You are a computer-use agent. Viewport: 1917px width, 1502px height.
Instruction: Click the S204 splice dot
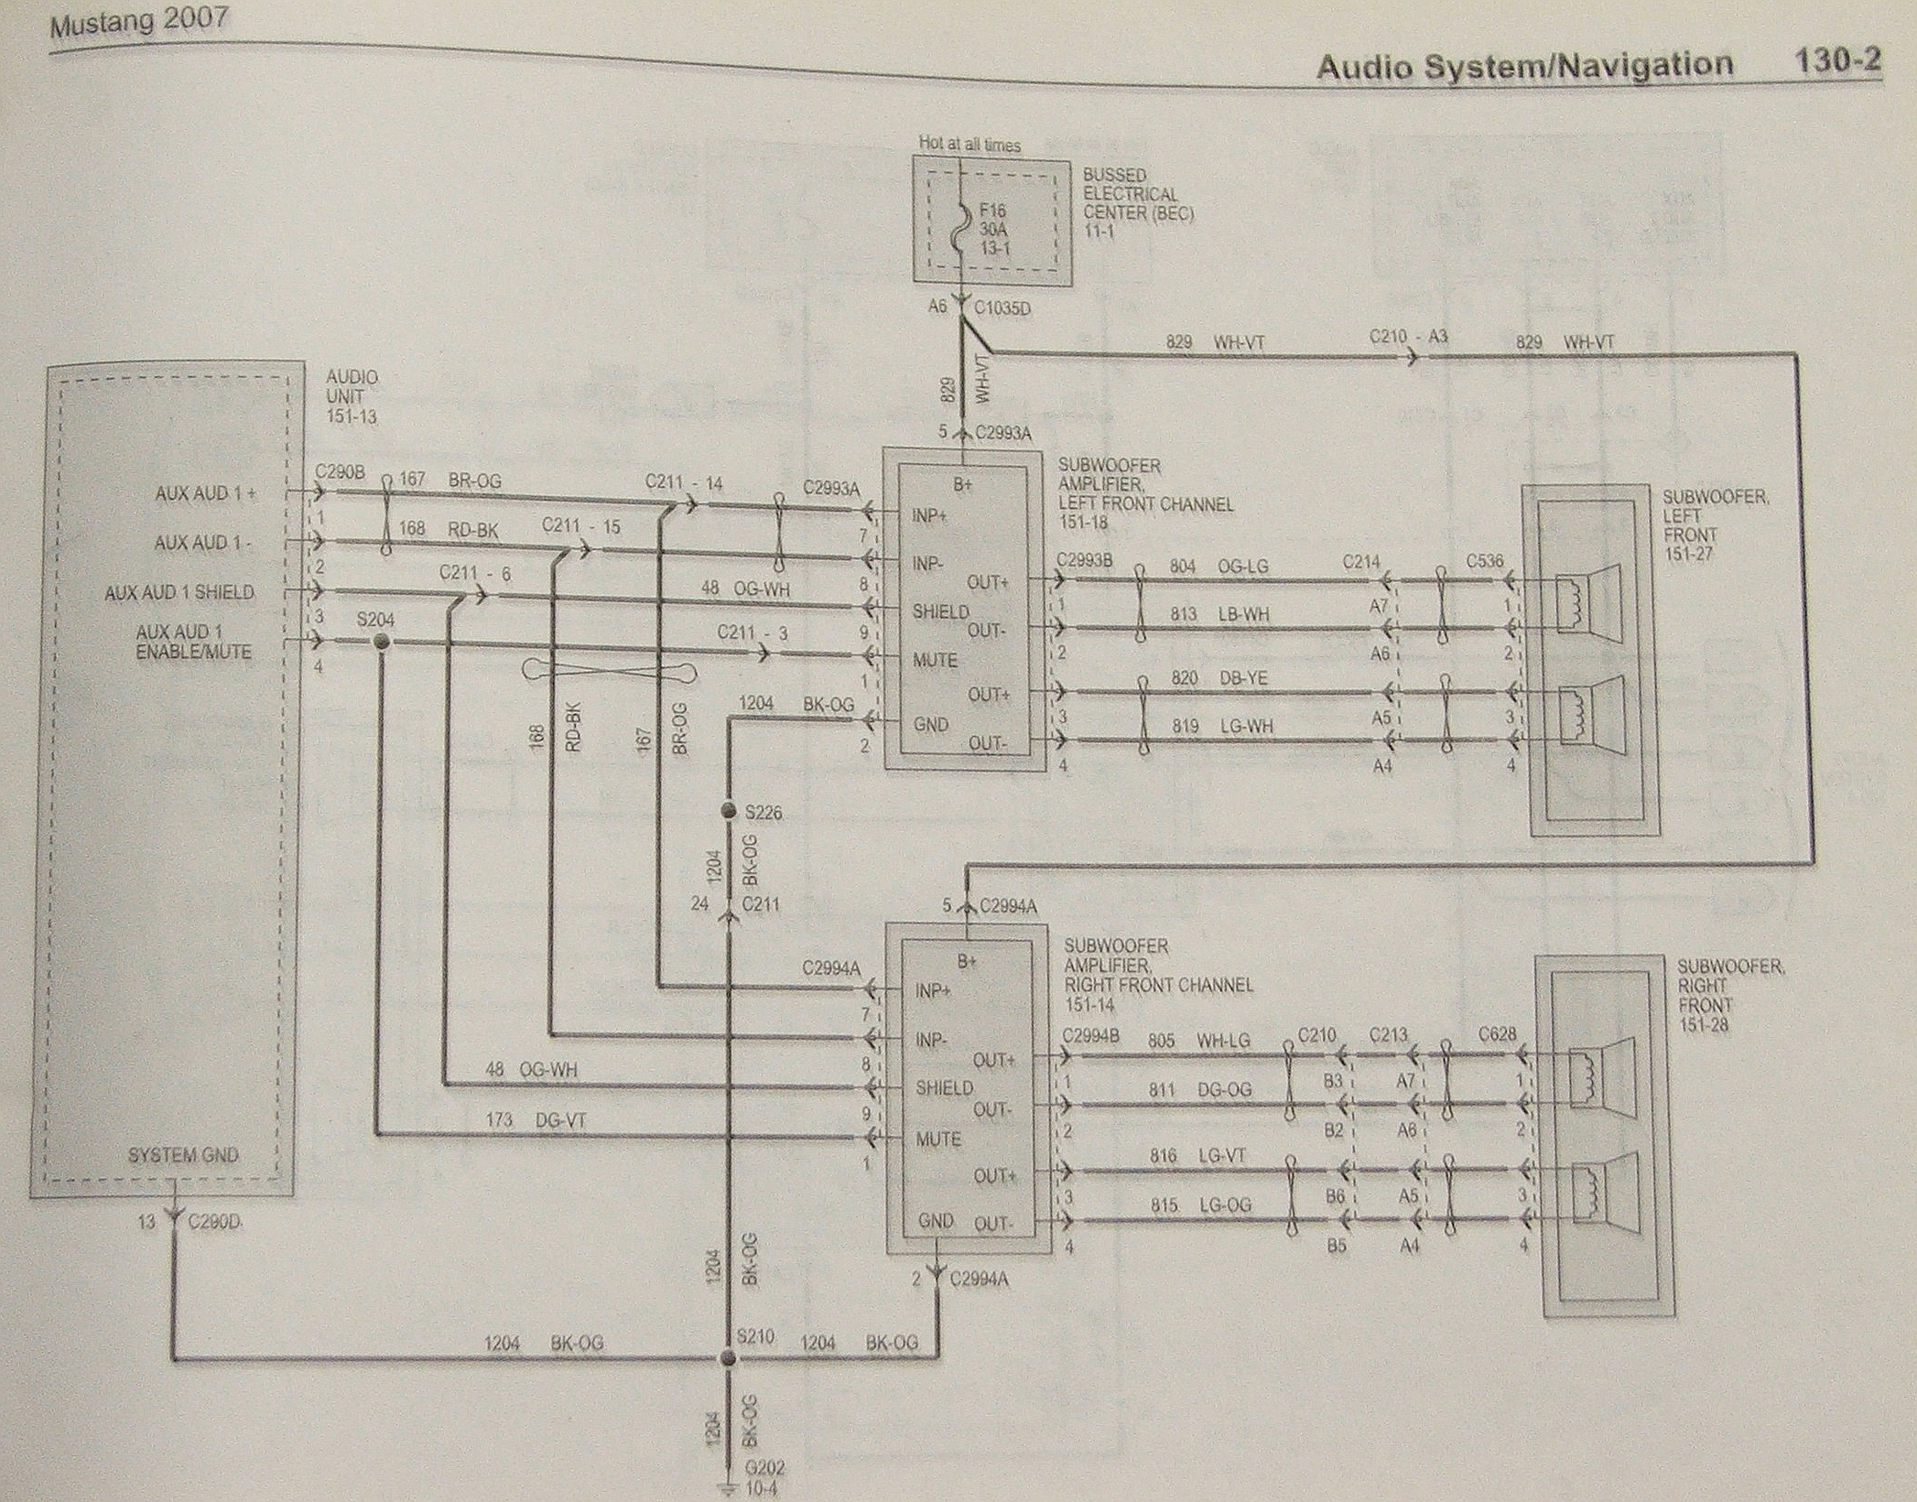tap(382, 643)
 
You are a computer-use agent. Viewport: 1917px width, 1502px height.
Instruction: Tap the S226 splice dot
tap(729, 811)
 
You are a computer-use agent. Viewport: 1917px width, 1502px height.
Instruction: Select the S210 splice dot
tap(728, 1359)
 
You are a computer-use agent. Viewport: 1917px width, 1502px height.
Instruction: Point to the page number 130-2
tap(1836, 60)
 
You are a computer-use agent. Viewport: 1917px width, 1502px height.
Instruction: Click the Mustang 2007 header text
tap(139, 23)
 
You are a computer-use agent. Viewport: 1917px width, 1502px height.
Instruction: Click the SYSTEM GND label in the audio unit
tap(183, 1155)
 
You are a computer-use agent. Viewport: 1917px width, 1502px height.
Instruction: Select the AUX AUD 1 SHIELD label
tap(179, 592)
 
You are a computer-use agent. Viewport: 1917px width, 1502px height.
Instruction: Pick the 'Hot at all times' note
tap(969, 144)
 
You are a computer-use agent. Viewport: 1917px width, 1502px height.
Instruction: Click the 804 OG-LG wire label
tap(1218, 567)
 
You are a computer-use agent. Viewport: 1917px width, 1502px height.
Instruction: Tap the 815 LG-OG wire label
tap(1200, 1205)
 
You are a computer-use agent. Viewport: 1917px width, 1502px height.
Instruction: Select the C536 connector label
tap(1484, 561)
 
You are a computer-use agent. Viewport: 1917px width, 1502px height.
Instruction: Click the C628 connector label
tap(1498, 1034)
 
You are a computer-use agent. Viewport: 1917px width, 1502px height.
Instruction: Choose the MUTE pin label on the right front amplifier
tap(938, 1140)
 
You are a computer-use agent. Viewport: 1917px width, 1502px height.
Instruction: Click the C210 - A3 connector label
tap(1408, 337)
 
